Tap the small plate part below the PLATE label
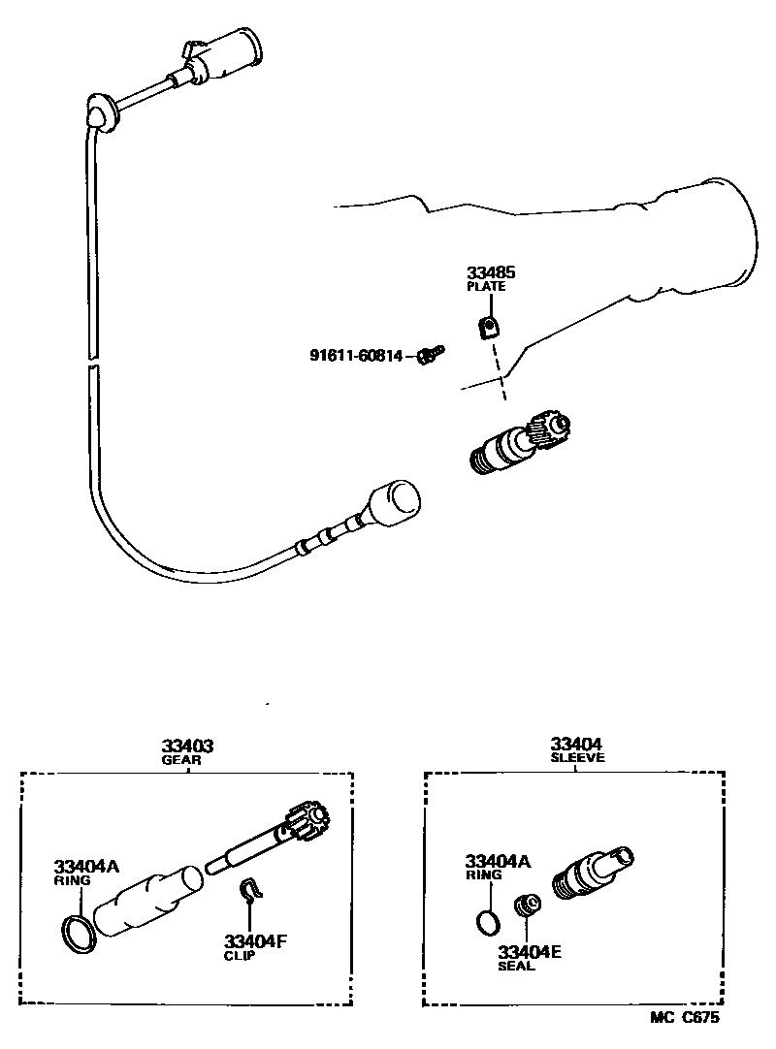click(x=489, y=329)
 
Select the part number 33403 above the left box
click(x=187, y=746)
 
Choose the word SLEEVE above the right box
click(x=577, y=758)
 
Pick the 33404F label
click(x=256, y=940)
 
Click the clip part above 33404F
click(x=251, y=891)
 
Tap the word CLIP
click(x=239, y=956)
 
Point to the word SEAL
click(x=516, y=967)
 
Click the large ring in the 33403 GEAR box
click(x=79, y=932)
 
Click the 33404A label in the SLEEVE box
click(x=498, y=860)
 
